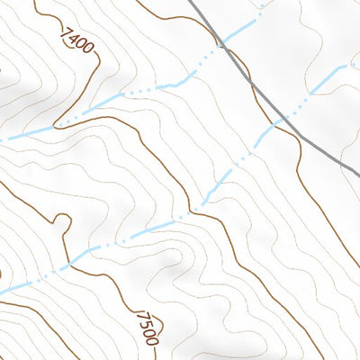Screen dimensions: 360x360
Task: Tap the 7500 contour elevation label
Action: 147,328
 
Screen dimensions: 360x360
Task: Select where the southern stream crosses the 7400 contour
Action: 194,208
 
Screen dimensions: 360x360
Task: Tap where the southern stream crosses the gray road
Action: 280,119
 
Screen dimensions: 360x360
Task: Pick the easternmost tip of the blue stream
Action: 346,67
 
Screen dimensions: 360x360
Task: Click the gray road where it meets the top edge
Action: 192,0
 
